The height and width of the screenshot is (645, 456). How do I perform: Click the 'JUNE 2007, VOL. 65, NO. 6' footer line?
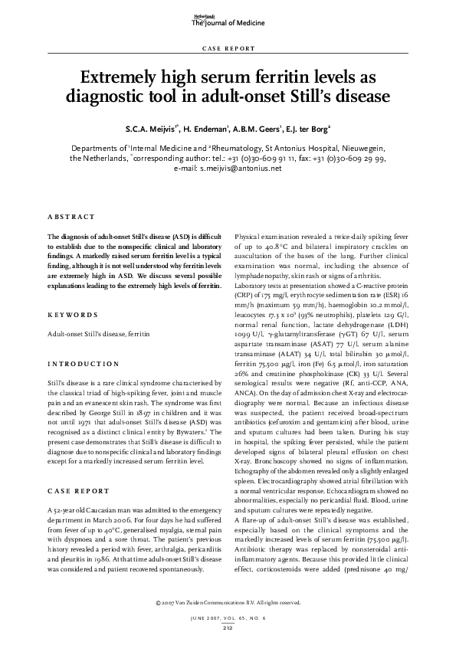click(228, 617)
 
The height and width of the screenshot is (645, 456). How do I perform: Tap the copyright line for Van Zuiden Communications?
click(228, 602)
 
